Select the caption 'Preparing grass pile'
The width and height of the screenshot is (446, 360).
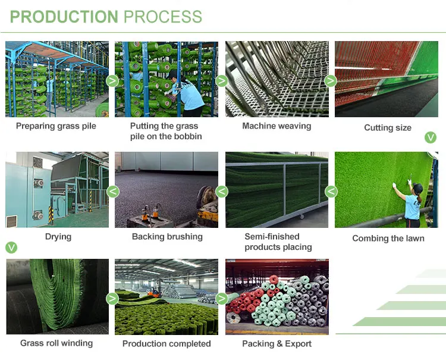point(56,126)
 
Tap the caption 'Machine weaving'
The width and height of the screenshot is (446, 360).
point(277,126)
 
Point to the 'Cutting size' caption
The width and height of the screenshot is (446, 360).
point(388,128)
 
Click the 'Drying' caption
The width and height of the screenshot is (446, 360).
point(58,237)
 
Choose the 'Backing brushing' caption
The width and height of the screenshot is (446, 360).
point(167,237)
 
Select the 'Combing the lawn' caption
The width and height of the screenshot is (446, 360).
point(388,239)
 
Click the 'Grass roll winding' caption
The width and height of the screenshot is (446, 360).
point(56,343)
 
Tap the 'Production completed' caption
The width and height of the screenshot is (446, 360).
point(167,344)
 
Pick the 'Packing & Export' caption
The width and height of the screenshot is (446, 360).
point(277,344)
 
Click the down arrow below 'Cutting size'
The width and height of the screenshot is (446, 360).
point(431,138)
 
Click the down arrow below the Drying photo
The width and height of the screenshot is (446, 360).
point(11,248)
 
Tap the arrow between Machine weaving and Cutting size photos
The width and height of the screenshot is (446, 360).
point(331,81)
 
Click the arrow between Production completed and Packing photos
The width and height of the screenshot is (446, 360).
point(222,299)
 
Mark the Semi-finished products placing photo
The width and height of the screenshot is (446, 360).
point(277,189)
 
